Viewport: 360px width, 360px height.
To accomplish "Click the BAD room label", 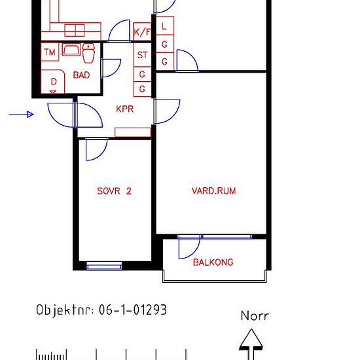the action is pos(81,75).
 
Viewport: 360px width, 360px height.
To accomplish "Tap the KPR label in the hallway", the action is pos(124,109).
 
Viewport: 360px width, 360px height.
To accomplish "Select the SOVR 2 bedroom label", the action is pos(114,191).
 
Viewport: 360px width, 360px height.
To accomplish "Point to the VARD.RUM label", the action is pos(213,190).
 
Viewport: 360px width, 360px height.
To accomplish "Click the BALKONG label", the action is pos(213,262).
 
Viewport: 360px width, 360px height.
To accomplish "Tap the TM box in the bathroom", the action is pos(50,52).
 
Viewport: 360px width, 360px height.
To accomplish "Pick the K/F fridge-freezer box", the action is pos(142,31).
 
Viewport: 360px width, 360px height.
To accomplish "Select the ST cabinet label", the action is pos(142,55).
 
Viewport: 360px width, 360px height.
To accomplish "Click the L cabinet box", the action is pos(164,26).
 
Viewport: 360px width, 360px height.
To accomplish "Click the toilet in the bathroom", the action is pos(88,53).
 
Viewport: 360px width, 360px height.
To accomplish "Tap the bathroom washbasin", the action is pos(71,50).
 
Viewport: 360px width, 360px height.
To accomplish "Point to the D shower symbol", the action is pos(53,82).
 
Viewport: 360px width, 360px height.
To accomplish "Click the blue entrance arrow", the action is pos(22,115).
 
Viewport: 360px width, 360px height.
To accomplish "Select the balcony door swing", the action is pos(189,247).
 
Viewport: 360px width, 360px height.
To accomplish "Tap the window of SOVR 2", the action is pos(104,266).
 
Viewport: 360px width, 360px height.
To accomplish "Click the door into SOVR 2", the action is pos(96,149).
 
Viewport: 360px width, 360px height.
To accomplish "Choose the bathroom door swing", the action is pos(111,68).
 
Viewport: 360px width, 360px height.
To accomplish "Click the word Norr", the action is pos(255,315).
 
